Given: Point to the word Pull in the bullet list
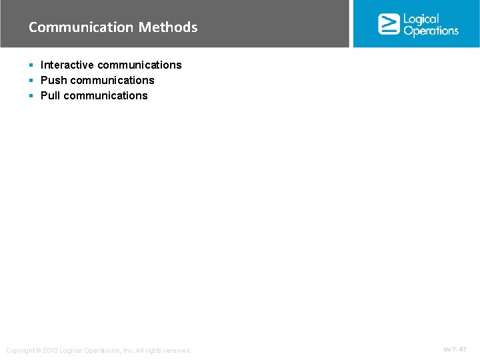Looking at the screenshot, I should coord(50,95).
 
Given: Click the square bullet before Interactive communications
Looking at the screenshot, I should coord(31,65).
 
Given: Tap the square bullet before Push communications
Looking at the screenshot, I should coord(31,81).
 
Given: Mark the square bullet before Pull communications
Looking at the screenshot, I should coord(31,96).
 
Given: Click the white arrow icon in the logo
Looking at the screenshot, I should coord(389,24).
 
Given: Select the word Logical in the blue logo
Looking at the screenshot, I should coord(421,19).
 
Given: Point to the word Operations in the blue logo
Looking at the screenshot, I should coord(431,31).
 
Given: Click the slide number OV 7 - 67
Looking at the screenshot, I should coord(455,349).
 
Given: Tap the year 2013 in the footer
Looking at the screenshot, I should coord(50,351).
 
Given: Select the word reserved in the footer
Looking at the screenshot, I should coord(176,351).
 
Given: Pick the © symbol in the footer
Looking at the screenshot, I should coord(39,351).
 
